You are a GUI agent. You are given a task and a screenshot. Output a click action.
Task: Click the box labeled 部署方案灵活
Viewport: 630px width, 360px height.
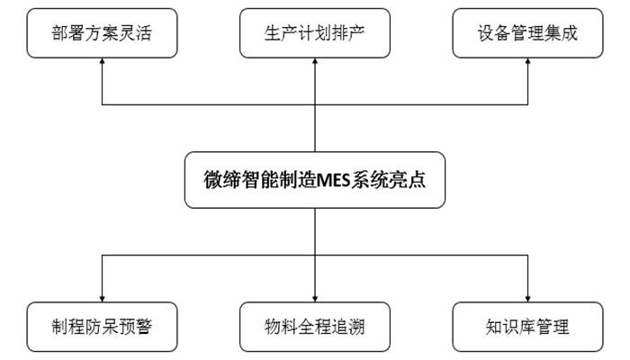click(x=101, y=34)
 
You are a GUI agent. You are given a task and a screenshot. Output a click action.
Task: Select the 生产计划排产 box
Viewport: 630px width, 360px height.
click(x=315, y=34)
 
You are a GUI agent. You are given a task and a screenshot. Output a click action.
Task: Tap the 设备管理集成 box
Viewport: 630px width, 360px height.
click(x=527, y=34)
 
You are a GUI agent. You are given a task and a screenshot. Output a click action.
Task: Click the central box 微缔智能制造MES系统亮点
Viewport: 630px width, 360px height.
click(x=315, y=179)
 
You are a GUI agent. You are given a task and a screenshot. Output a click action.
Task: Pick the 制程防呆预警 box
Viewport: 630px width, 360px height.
click(x=101, y=326)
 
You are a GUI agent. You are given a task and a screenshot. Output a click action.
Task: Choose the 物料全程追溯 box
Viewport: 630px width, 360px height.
click(x=315, y=326)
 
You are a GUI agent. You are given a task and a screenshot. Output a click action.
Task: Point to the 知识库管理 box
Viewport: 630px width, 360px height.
click(x=527, y=326)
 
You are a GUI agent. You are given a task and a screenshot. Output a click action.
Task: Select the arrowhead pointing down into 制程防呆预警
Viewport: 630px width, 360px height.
click(x=101, y=296)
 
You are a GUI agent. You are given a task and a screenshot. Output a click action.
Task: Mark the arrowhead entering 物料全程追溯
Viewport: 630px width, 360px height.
click(x=315, y=296)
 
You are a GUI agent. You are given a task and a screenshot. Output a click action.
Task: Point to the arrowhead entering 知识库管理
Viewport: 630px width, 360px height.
click(x=527, y=296)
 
